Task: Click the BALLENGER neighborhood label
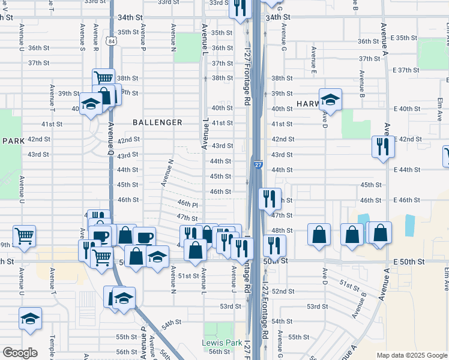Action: click(157, 122)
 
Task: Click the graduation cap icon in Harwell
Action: click(330, 98)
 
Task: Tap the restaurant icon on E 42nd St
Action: click(382, 146)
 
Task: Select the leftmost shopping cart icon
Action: click(24, 235)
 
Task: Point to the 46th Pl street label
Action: click(187, 205)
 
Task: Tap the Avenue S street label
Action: click(82, 38)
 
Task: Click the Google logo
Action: click(20, 353)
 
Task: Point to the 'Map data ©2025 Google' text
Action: click(411, 355)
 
